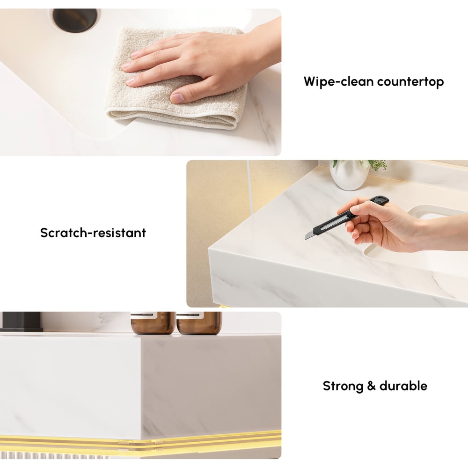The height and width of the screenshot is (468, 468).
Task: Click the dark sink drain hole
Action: click(x=75, y=20)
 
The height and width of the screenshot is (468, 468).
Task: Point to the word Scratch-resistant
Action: click(x=93, y=233)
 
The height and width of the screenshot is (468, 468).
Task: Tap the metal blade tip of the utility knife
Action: click(x=309, y=235)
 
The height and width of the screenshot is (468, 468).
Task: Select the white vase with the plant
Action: click(x=349, y=175)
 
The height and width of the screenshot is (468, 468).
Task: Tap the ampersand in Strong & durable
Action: click(x=370, y=387)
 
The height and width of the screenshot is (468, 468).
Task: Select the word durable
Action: click(x=403, y=386)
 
